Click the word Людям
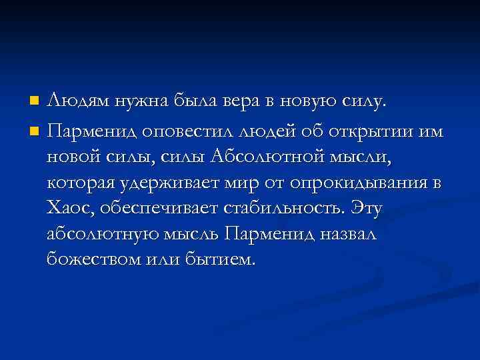coord(73,102)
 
